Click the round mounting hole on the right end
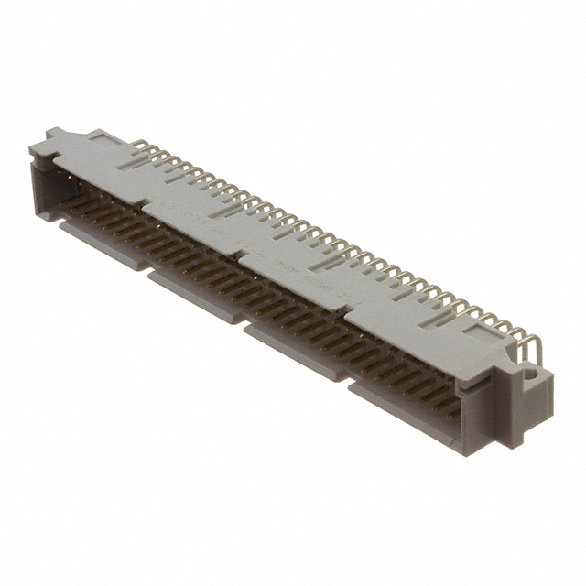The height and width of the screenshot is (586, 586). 528,374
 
